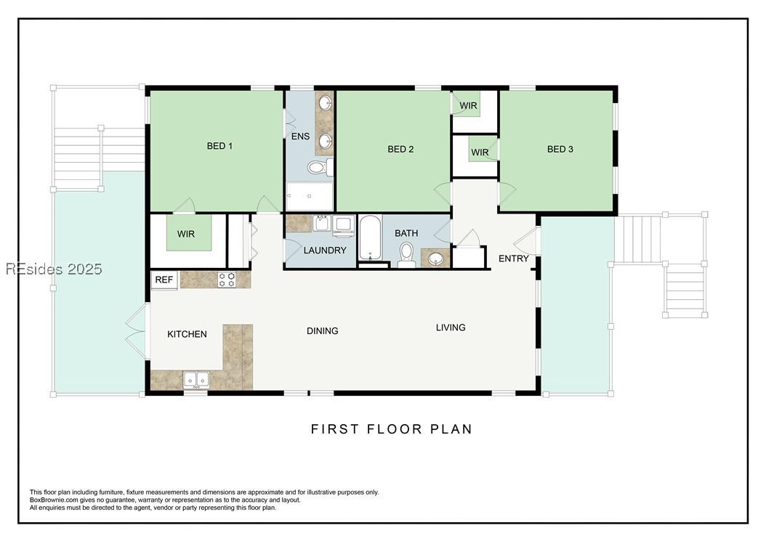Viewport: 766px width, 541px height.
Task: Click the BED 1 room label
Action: (219, 145)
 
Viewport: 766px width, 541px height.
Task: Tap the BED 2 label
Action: (400, 149)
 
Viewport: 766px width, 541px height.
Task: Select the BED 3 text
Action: (560, 149)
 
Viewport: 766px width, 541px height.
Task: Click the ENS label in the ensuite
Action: (300, 137)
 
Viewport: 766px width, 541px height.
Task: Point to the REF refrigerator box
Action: (164, 280)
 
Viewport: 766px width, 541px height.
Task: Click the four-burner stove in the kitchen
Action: (227, 280)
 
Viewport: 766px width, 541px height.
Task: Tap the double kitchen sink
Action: (196, 379)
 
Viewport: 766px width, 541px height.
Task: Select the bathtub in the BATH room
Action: (371, 237)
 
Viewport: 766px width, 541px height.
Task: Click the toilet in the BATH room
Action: (406, 254)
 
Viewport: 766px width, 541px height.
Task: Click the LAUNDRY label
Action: (325, 250)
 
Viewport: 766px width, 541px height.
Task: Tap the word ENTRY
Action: (513, 259)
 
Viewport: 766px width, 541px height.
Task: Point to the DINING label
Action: (323, 330)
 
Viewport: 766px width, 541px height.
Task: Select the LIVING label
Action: (451, 327)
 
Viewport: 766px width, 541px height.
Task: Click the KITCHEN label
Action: (187, 334)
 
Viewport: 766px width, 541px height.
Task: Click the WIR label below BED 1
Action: (185, 234)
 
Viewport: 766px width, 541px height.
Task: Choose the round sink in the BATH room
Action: (436, 259)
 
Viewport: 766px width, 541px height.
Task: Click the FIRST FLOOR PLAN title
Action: (391, 429)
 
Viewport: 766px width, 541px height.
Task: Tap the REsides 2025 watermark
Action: (54, 269)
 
